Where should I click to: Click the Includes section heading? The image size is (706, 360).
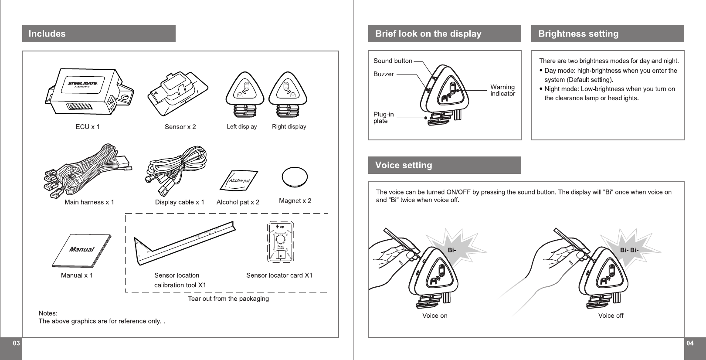click(x=47, y=34)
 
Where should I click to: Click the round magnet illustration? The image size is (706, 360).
click(x=295, y=177)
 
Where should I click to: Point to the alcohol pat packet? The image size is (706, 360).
click(x=238, y=181)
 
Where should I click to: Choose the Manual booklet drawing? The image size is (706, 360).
click(x=81, y=251)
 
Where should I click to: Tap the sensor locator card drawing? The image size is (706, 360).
click(x=280, y=243)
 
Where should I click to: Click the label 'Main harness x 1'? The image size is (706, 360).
click(x=89, y=202)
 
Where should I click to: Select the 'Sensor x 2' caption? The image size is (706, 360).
click(x=180, y=127)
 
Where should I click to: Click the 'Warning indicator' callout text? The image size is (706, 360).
click(x=502, y=90)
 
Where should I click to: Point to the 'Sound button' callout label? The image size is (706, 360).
click(x=393, y=61)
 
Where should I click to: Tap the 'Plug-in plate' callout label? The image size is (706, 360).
click(x=384, y=118)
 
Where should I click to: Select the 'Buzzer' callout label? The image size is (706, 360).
click(x=384, y=74)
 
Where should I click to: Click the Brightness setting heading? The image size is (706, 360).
click(x=578, y=34)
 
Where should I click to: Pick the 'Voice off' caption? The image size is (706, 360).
click(x=611, y=316)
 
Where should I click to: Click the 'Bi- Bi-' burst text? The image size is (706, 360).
click(x=629, y=250)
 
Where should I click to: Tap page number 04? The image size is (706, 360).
click(x=690, y=343)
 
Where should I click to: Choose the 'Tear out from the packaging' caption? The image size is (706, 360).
click(x=228, y=299)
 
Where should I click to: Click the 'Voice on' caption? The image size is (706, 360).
click(x=434, y=316)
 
